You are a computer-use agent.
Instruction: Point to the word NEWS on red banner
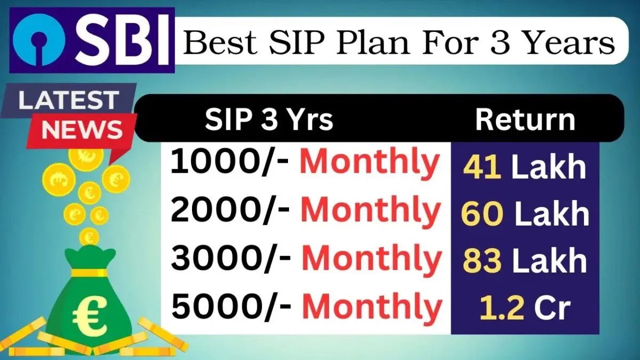81,130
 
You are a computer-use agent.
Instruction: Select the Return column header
525,121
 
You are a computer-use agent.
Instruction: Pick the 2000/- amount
230,210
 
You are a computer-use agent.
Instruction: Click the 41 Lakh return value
524,167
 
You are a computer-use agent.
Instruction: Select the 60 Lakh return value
524,214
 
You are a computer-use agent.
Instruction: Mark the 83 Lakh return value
524,261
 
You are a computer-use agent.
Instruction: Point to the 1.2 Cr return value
524,308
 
